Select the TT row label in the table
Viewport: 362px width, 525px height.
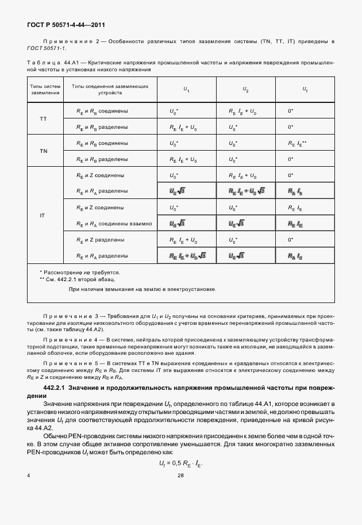point(43,118)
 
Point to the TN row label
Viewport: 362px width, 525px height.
point(43,151)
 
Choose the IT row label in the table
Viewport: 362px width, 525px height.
point(43,215)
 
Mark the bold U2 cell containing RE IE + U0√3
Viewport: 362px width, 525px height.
point(246,190)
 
